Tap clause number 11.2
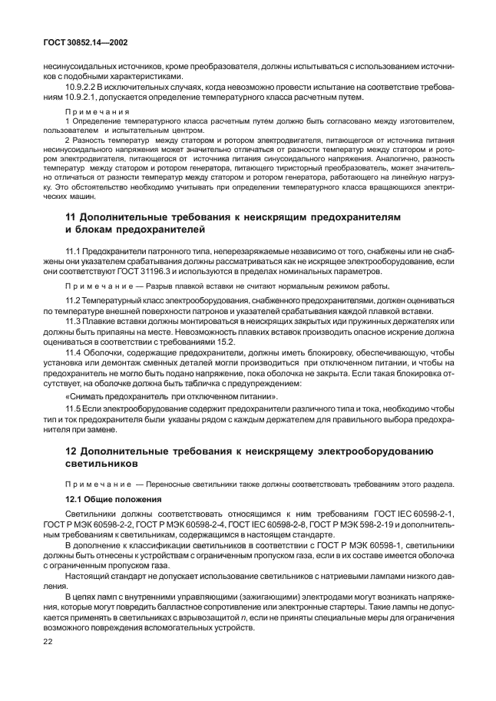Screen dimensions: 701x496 tap(73, 299)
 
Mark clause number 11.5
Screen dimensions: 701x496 tap(73, 409)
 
